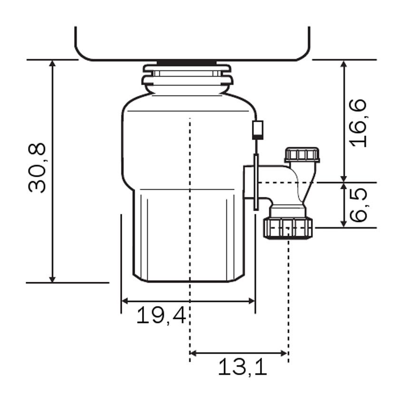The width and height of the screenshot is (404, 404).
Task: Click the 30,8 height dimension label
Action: (x=37, y=167)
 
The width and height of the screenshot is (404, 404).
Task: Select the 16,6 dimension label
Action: (x=358, y=123)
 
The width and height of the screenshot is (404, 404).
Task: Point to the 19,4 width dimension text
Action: (x=161, y=316)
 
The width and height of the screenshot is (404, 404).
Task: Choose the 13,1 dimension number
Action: (x=242, y=367)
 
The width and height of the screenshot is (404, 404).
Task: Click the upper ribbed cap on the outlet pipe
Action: (x=302, y=155)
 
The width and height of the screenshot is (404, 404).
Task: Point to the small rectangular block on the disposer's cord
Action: (x=257, y=130)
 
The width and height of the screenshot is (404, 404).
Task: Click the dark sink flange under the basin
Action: (x=187, y=62)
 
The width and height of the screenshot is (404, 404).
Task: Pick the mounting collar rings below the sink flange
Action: (x=187, y=76)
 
